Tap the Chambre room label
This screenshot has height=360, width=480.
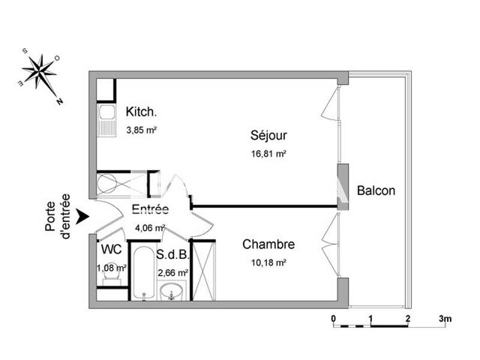268,245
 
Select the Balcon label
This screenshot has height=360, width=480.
376,191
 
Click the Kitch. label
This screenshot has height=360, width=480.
142,112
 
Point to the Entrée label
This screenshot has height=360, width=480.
150,209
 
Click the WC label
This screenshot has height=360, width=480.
112,249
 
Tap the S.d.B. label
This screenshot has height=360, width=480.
173,254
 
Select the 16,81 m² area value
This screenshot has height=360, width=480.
269,154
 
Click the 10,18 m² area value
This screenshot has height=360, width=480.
268,263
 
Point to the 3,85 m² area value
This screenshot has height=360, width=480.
142,129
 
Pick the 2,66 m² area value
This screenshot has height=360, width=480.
173,272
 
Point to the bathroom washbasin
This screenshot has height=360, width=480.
173,293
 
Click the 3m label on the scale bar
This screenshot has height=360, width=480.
445,318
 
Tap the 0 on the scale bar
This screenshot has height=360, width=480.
334,318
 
